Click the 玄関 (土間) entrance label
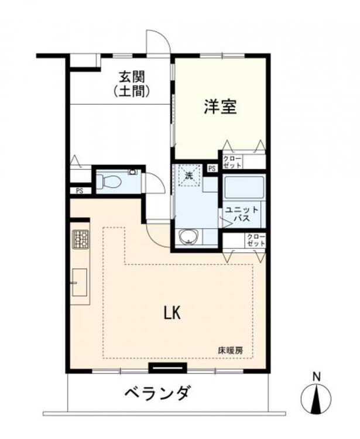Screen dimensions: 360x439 pyautogui.click(x=132, y=84)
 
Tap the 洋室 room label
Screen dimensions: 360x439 pyautogui.click(x=220, y=107)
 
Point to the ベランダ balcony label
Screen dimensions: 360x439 pyautogui.click(x=158, y=393)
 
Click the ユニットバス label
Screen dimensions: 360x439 pyautogui.click(x=242, y=214)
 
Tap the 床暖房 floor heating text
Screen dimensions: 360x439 pyautogui.click(x=231, y=350)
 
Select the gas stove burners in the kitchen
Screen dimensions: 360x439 pyautogui.click(x=81, y=239)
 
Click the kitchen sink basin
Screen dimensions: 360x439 pyautogui.click(x=80, y=282)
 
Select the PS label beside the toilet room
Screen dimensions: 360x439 pyautogui.click(x=80, y=191)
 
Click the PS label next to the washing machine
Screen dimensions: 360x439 pyautogui.click(x=212, y=169)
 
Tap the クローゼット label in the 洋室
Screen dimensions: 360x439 pyautogui.click(x=232, y=162)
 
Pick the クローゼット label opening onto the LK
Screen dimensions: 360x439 pyautogui.click(x=256, y=240)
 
